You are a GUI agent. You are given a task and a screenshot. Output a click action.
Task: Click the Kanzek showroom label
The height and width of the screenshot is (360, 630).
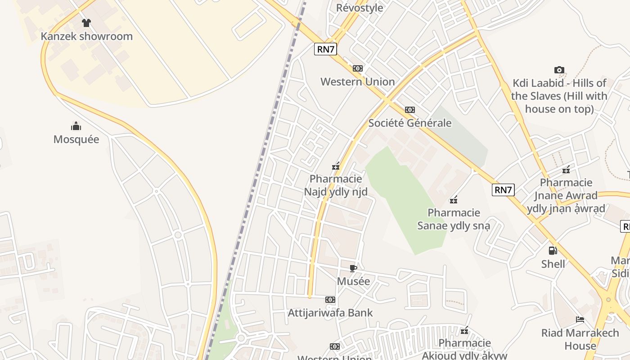pyautogui.click(x=87, y=36)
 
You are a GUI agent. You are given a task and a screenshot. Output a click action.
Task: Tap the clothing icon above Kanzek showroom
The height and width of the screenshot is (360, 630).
pyautogui.click(x=86, y=22)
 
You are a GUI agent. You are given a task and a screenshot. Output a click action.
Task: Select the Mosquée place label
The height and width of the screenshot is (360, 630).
pyautogui.click(x=76, y=139)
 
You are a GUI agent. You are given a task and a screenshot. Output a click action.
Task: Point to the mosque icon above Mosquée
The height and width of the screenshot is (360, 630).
pyautogui.click(x=76, y=126)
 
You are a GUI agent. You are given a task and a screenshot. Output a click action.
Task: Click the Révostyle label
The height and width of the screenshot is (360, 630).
pyautogui.click(x=360, y=8)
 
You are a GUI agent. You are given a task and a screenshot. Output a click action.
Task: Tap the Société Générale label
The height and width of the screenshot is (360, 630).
pyautogui.click(x=410, y=123)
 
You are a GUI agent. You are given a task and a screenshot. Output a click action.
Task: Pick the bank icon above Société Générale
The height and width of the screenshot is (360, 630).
pyautogui.click(x=410, y=110)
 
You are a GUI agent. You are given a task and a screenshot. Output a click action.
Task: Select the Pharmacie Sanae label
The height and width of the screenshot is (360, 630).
pyautogui.click(x=454, y=219)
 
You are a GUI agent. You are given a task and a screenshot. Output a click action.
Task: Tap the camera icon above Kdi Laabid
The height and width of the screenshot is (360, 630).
pyautogui.click(x=559, y=70)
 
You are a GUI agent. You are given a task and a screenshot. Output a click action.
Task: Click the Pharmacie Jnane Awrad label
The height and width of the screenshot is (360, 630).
pyautogui.click(x=566, y=196)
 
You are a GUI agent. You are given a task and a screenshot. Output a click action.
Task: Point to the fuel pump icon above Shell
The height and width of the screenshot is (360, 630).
pyautogui.click(x=553, y=251)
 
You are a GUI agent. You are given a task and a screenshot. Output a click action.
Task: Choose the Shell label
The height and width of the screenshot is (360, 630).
pyautogui.click(x=553, y=264)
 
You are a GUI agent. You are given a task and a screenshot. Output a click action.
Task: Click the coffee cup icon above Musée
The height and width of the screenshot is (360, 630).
pyautogui.click(x=353, y=269)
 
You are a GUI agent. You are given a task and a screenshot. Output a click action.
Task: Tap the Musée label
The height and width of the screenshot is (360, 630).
pyautogui.click(x=353, y=282)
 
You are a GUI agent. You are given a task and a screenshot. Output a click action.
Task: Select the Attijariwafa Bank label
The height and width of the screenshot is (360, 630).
pyautogui.click(x=330, y=313)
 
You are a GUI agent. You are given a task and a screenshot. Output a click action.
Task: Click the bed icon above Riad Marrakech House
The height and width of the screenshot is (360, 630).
pyautogui.click(x=580, y=319)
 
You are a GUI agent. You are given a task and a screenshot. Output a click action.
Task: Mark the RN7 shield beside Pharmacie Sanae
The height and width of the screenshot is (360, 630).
pyautogui.click(x=503, y=190)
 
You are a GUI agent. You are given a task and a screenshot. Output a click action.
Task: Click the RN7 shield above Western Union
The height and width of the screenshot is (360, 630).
pyautogui.click(x=325, y=49)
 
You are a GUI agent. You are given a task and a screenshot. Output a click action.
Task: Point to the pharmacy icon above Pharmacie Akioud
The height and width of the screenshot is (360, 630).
pyautogui.click(x=465, y=331)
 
